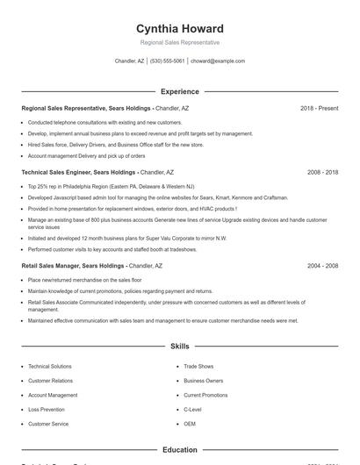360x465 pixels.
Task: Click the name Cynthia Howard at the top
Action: coord(180,28)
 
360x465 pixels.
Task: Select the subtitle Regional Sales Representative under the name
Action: coord(180,42)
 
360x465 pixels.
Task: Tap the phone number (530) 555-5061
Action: coord(167,61)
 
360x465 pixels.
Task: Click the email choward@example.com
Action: coord(218,61)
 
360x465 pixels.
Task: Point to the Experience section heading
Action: coord(180,91)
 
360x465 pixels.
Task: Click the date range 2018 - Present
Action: coord(319,108)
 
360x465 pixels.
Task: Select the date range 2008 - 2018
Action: coord(322,173)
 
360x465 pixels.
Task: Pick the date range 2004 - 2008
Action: coord(322,265)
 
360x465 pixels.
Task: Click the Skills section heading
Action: coord(180,347)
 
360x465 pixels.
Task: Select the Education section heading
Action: coord(180,450)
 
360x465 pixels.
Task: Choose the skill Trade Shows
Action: coord(198,366)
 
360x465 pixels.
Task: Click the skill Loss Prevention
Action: coord(47,410)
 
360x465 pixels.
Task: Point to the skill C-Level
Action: coord(192,410)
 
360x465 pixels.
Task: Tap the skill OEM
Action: coord(190,424)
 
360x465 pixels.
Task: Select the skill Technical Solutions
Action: coord(50,366)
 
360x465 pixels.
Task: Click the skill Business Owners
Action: coord(204,381)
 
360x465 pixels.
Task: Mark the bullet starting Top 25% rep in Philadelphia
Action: coord(111,187)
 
